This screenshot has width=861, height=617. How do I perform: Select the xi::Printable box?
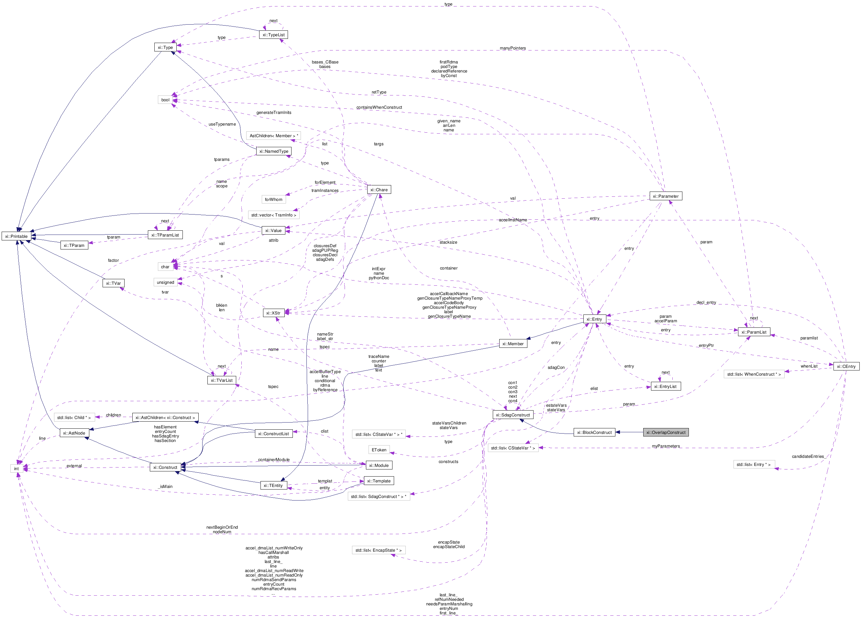click(x=16, y=236)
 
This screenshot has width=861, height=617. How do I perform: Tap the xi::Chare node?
click(x=379, y=190)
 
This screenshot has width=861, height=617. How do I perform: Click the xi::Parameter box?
click(x=666, y=196)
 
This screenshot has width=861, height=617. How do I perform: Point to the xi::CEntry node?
click(x=846, y=366)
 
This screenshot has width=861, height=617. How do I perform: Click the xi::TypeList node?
click(x=273, y=35)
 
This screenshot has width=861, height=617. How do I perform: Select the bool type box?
click(x=165, y=100)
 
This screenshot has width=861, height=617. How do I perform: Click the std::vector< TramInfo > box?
click(x=273, y=215)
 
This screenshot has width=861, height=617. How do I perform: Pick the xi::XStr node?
click(x=273, y=313)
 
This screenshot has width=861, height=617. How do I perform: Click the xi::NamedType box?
click(x=273, y=151)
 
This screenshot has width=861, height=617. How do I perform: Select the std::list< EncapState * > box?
click(x=379, y=550)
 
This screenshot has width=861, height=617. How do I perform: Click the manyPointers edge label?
click(x=513, y=48)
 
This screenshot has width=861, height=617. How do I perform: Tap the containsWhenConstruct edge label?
click(x=379, y=107)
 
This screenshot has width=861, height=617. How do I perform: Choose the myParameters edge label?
click(x=666, y=446)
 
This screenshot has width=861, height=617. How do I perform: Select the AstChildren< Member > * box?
click(x=273, y=136)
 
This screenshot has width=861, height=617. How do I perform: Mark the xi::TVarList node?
click(x=222, y=380)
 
